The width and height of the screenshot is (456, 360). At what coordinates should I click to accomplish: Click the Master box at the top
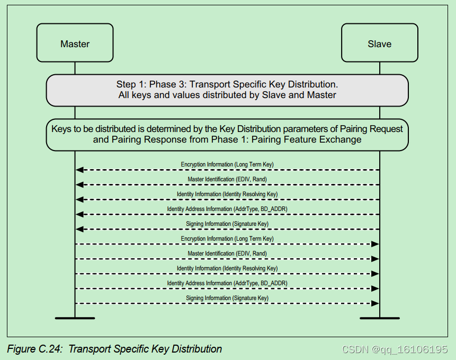click(x=75, y=43)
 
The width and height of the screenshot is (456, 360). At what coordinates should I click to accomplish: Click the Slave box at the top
click(x=379, y=43)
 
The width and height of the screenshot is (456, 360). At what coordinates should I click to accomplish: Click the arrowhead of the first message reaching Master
click(x=79, y=170)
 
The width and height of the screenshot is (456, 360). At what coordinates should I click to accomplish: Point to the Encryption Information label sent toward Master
click(x=227, y=164)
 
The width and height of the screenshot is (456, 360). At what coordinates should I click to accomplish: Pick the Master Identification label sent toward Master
click(x=227, y=179)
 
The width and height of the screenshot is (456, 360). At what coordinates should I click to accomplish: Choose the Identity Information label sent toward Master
click(x=227, y=194)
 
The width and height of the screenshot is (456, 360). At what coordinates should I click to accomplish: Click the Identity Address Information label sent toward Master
click(x=227, y=209)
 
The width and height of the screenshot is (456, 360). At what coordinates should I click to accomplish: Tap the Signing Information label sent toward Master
click(x=227, y=224)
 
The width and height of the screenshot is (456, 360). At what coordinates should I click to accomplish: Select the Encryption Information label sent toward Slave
click(x=227, y=239)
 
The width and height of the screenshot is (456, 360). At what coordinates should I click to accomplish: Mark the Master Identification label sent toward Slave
click(x=227, y=253)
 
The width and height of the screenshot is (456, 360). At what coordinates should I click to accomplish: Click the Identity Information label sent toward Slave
click(x=227, y=268)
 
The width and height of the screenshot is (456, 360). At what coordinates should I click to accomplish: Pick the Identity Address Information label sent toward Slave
click(x=227, y=283)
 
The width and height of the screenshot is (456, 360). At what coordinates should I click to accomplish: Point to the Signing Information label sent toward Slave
click(x=227, y=298)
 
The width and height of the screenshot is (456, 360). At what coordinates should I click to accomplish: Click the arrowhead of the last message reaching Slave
click(x=375, y=303)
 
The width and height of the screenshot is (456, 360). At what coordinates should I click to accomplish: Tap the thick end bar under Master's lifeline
click(x=75, y=318)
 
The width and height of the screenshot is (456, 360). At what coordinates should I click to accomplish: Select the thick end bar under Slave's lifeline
click(x=379, y=318)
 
